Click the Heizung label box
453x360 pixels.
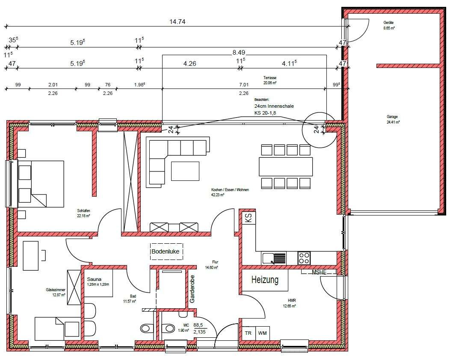pyautogui.click(x=265, y=281)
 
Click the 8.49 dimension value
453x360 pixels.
pyautogui.click(x=239, y=53)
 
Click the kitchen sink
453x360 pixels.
pyautogui.click(x=274, y=258)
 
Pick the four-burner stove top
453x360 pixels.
pyautogui.click(x=304, y=258)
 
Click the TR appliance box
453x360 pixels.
pyautogui.click(x=248, y=333)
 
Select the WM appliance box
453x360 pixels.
pyautogui.click(x=262, y=333)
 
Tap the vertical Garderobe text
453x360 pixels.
pyautogui.click(x=192, y=289)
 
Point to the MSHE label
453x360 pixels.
pyautogui.click(x=319, y=271)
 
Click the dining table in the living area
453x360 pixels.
pyautogui.click(x=286, y=167)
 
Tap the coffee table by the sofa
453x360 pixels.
pyautogui.click(x=185, y=171)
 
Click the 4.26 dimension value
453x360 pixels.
pyautogui.click(x=189, y=63)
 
